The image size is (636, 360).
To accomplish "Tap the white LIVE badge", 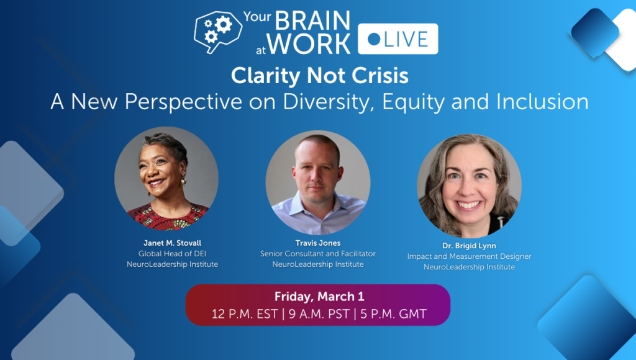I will pyautogui.click(x=399, y=38).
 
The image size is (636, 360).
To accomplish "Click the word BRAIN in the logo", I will pyautogui.click(x=312, y=20).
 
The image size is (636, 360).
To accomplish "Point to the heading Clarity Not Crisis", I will pyautogui.click(x=319, y=76).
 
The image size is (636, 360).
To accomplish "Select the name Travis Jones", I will pyautogui.click(x=317, y=243).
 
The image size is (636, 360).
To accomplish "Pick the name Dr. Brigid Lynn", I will pyautogui.click(x=469, y=246).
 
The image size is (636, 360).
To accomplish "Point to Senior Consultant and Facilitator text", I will pyautogui.click(x=317, y=254).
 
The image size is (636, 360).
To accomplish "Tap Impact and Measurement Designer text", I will pyautogui.click(x=469, y=256).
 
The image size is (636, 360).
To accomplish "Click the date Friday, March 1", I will pyautogui.click(x=319, y=297).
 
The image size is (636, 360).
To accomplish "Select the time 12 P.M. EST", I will pyautogui.click(x=245, y=313).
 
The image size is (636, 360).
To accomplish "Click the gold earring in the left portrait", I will pyautogui.click(x=183, y=181).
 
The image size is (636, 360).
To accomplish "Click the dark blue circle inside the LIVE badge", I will pyautogui.click(x=375, y=39).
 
